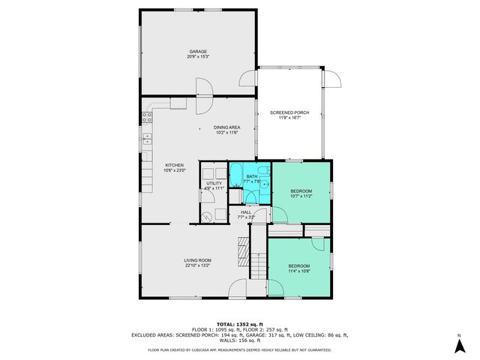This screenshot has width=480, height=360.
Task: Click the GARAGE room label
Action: [x=198, y=54]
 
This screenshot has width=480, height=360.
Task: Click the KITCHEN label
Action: [x=174, y=167]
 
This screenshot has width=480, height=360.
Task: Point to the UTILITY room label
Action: [x=214, y=185]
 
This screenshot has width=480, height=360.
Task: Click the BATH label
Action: [x=252, y=178]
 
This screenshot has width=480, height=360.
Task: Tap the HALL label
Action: [x=246, y=214]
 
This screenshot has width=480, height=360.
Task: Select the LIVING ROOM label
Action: [x=198, y=262]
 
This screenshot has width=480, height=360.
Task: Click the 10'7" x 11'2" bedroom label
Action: [x=301, y=193]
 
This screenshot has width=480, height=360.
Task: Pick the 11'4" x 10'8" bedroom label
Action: [x=298, y=268]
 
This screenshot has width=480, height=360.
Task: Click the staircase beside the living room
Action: [x=257, y=259]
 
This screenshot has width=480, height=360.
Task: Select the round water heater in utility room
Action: [x=206, y=214]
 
